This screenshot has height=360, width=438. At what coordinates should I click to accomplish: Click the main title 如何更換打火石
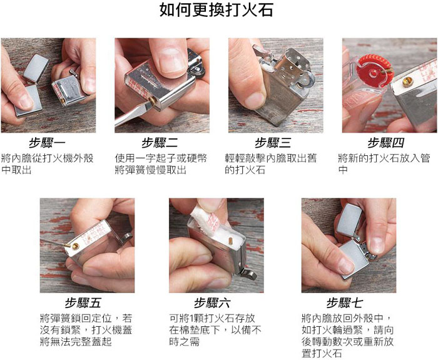pos(216,10)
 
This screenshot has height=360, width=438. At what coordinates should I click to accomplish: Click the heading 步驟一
pos(47,143)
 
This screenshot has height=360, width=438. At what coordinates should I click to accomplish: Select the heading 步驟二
pos(160,143)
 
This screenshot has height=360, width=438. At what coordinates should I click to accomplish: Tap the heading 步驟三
pos(273,143)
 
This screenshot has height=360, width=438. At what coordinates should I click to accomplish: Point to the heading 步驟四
pos(386,143)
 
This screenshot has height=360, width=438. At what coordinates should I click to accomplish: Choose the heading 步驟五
pos(83,303)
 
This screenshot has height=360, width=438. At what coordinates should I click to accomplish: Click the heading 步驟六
pos(213,303)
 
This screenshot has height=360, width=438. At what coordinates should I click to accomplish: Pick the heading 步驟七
pos(345,303)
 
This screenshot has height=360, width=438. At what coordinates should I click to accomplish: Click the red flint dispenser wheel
pos(373,71)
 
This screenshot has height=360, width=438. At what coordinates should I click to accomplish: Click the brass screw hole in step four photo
pos(407,81)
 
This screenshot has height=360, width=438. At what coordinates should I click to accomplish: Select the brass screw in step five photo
pos(76,246)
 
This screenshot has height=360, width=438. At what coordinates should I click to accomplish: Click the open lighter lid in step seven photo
pos(349,220)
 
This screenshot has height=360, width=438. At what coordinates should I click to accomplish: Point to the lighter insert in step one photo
pos(69,90)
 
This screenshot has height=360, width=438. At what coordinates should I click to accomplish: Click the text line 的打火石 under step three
pos(245,170)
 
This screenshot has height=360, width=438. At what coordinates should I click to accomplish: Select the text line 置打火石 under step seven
pos(322,353)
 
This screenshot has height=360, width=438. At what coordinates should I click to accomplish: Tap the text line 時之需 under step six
pos(185,341)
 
